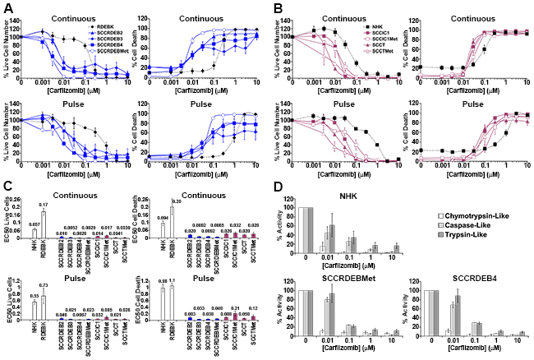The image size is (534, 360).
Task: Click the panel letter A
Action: point(7,7)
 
